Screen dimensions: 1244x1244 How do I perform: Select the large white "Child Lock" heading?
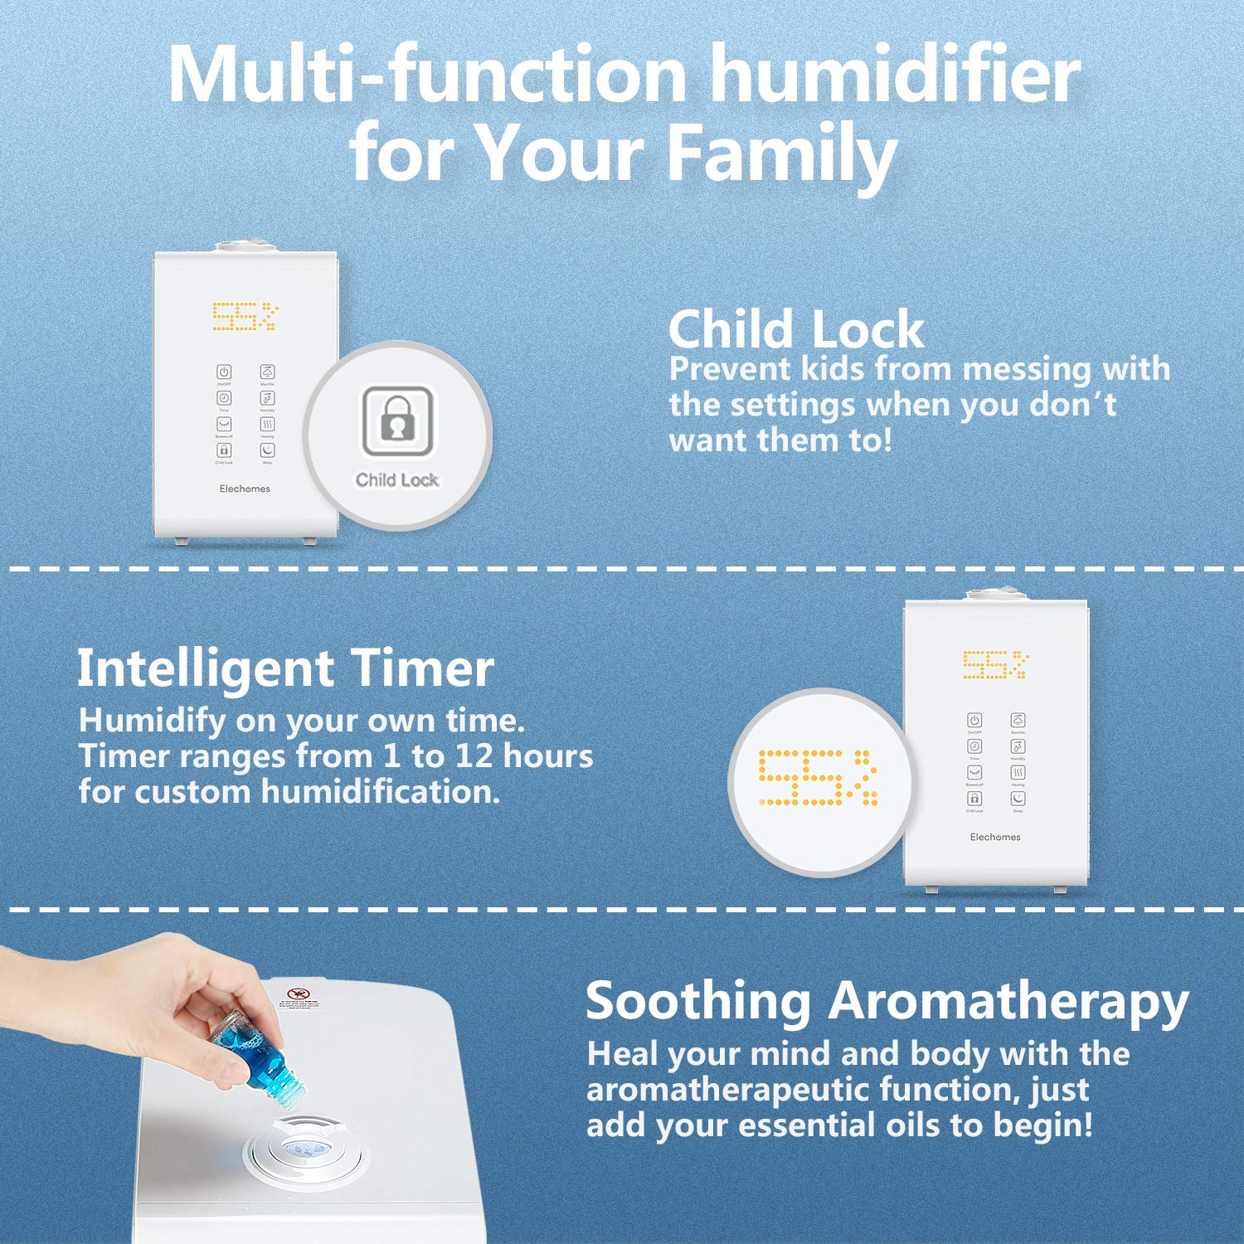point(796,329)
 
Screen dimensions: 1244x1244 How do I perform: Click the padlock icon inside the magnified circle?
point(397,420)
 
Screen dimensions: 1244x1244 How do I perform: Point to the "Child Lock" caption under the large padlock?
point(397,479)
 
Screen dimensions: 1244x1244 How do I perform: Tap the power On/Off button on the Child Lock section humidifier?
point(224,372)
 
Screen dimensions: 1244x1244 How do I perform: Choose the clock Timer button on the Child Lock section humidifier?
point(224,398)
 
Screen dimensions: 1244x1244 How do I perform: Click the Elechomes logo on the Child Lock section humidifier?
point(245,488)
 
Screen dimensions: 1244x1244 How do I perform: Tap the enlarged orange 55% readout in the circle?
point(818,777)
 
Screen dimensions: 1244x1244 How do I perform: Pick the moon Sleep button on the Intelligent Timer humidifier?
point(1018,798)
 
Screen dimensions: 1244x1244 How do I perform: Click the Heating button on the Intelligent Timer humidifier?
point(1018,772)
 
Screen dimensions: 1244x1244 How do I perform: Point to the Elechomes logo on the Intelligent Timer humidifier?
point(995,837)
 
